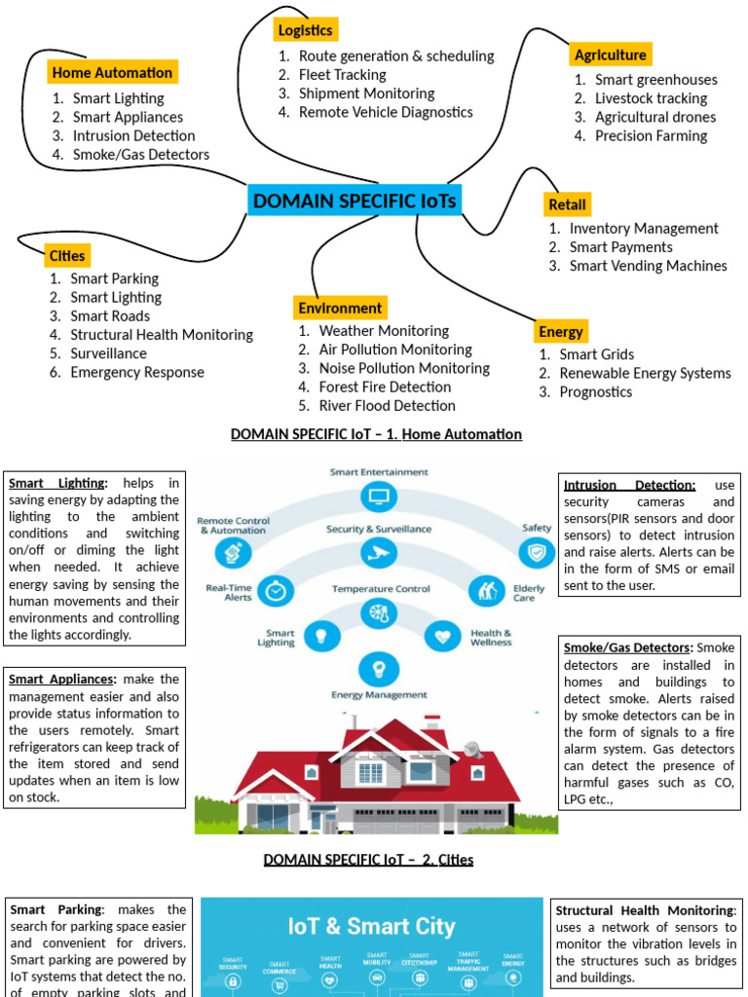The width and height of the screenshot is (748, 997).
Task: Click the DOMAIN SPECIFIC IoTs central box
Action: point(355,202)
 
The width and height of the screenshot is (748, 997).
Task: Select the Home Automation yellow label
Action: point(112,72)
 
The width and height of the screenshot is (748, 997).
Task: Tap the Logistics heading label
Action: point(305,30)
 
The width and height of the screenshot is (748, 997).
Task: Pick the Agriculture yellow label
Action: point(610,55)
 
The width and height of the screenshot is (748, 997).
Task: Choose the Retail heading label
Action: point(567,204)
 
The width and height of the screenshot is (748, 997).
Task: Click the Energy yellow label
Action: point(561,332)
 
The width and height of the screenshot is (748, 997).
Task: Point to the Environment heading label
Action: point(340,308)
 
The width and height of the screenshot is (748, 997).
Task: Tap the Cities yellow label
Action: point(66,256)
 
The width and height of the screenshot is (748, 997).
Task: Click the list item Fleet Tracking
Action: point(342,75)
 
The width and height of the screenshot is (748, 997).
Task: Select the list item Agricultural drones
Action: point(655,117)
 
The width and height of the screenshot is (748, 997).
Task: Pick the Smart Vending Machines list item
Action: point(648,266)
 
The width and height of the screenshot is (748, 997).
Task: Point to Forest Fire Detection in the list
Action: point(385,387)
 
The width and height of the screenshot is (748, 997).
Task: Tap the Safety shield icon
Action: point(535,553)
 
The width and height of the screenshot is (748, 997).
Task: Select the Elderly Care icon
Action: point(484,591)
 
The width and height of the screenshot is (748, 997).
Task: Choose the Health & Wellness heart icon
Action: point(443,637)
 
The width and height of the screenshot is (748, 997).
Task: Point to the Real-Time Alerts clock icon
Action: point(278,590)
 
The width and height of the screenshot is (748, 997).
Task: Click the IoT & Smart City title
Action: point(371,926)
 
